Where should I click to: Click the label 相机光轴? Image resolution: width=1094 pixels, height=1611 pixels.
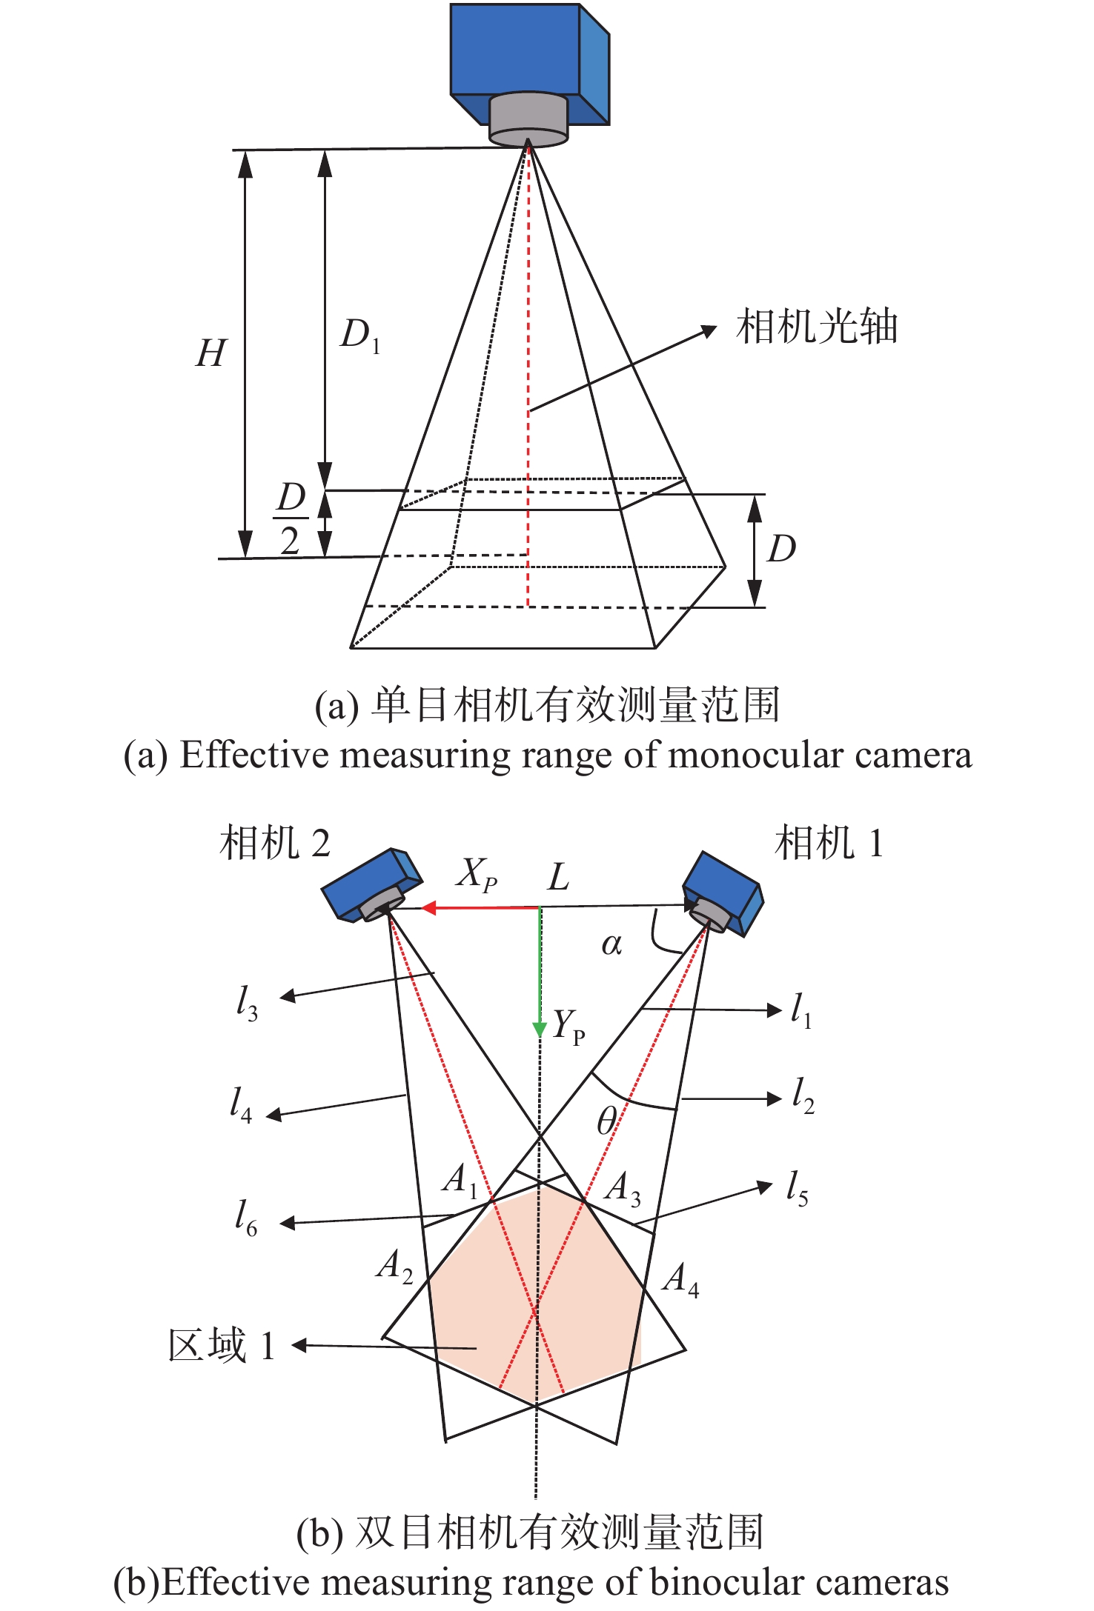pos(816,327)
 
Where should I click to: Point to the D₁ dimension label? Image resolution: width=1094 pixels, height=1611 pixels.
pos(360,334)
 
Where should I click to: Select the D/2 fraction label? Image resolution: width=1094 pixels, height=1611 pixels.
pos(291,518)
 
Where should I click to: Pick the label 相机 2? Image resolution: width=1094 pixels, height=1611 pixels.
pos(274,843)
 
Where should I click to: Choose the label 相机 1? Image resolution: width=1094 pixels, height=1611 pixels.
pos(829,843)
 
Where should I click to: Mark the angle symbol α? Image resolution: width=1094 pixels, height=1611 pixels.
pos(611,944)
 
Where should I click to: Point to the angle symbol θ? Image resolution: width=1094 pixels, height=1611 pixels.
pos(606,1121)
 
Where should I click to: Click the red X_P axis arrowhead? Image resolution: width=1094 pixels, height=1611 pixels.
pos(428,907)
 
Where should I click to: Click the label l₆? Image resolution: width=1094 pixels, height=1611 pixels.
pos(246,1218)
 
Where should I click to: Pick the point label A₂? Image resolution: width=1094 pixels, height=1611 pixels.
pos(394,1266)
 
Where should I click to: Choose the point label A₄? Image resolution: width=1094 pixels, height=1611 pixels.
pos(680,1280)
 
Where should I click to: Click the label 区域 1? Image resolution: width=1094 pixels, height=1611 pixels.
pos(222,1345)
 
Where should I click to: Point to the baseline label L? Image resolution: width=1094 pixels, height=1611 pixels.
pos(558,878)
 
